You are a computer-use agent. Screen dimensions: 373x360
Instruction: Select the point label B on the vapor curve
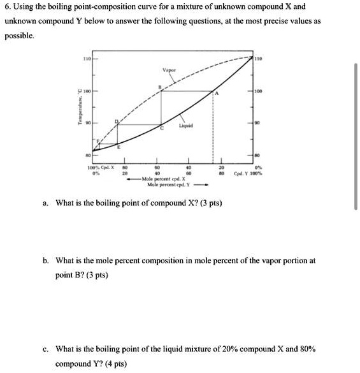pos(159,85)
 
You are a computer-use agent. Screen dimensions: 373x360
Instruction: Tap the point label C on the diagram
pos(161,128)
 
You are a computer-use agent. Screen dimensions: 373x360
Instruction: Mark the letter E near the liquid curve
pos(108,147)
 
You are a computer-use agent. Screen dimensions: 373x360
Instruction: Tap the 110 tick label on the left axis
pos(84,58)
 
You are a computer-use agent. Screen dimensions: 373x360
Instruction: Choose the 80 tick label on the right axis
pos(257,154)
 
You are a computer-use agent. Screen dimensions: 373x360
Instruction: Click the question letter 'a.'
pos(46,203)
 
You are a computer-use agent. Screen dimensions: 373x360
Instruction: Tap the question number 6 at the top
pos(7,7)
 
